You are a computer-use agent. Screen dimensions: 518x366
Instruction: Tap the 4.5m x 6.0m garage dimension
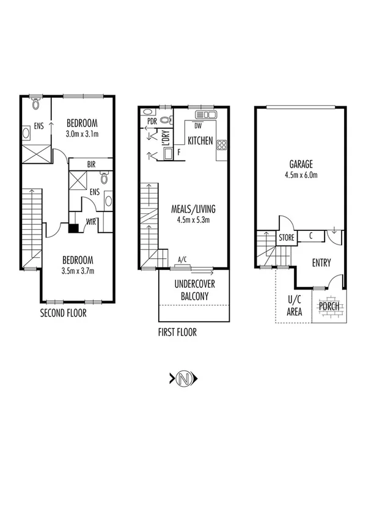pos(301,175)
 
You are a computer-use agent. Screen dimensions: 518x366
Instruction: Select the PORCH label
pos(329,306)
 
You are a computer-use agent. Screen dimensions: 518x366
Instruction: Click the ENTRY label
pos(321,263)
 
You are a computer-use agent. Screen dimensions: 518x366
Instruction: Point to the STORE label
pos(287,236)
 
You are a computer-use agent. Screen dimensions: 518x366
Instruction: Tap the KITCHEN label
pos(200,141)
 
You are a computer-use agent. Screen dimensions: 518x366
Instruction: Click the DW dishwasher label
pos(197,126)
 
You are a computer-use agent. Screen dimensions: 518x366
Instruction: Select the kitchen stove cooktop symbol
pos(221,145)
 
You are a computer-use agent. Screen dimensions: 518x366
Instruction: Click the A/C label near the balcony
pos(182,260)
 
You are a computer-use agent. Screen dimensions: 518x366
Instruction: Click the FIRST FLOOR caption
pos(177,333)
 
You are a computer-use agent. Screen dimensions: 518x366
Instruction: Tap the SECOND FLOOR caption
pos(64,314)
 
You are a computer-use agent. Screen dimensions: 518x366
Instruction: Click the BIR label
pos(90,165)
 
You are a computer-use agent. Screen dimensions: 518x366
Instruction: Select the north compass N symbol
pos(183,379)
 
